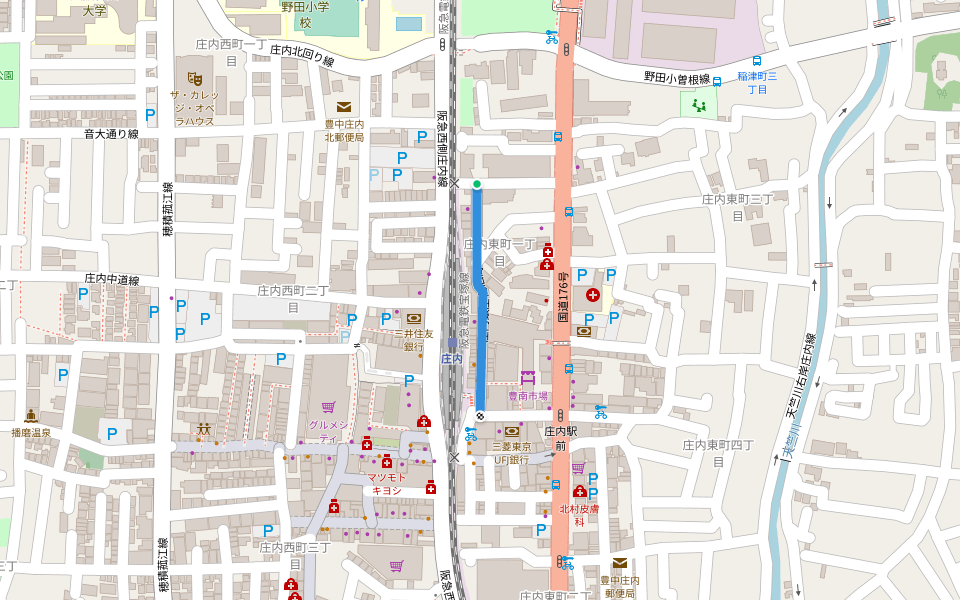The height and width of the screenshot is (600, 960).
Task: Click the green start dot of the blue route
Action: pos(477,184)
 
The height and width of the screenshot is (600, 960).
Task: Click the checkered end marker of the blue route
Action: pos(480,415)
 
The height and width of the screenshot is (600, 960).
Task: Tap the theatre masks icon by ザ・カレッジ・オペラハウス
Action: pos(195,77)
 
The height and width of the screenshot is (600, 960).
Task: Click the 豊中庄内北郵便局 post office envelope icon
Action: pos(344,107)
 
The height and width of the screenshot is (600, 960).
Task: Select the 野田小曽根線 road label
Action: pos(676,79)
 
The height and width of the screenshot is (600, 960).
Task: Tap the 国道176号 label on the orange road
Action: pos(563,297)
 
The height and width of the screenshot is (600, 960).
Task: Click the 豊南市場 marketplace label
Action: pos(528,396)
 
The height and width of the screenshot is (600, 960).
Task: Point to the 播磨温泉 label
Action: pos(31,434)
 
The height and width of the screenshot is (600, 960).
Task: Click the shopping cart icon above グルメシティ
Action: pos(328,408)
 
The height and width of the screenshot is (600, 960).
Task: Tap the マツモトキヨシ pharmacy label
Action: pos(387,484)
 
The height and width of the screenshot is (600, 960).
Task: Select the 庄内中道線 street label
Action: pos(111,280)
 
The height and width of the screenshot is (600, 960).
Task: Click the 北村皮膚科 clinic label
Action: pos(578,515)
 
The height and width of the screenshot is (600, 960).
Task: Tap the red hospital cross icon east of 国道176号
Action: pos(593,295)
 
